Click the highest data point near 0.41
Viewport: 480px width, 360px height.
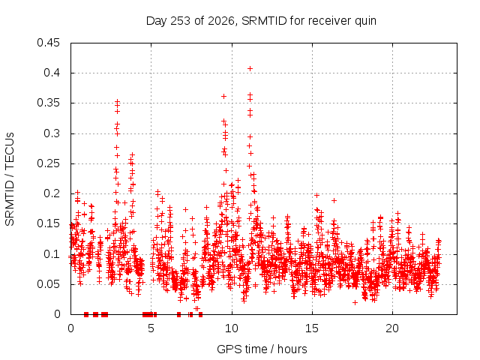point(250,68)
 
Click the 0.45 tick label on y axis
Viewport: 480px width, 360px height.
point(48,43)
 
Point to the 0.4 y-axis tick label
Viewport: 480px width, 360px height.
point(52,73)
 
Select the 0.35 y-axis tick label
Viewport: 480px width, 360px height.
point(48,103)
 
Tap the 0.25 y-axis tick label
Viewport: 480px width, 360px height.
point(48,163)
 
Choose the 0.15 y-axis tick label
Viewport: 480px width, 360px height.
point(48,223)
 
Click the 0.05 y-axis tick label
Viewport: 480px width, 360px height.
point(48,284)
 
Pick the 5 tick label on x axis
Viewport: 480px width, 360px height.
point(151,328)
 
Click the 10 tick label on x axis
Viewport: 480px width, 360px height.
point(232,328)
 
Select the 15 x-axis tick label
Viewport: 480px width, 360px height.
point(312,328)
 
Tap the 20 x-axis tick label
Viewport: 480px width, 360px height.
point(392,328)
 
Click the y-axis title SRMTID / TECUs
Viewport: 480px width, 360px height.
point(10,179)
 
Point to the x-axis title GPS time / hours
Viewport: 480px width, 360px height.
point(262,349)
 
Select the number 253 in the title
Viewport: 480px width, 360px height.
point(180,21)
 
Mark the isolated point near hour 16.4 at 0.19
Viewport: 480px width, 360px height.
point(334,200)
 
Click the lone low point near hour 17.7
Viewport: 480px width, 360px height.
point(355,302)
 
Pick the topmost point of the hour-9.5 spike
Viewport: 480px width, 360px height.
point(223,97)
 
